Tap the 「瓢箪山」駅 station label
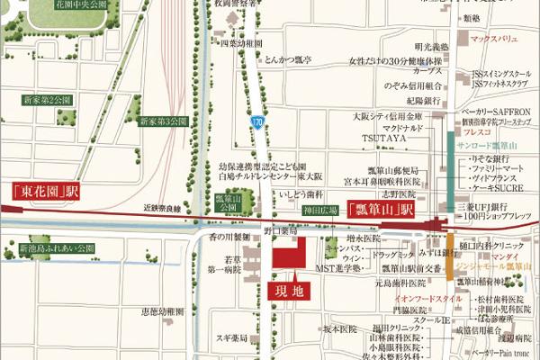click(380, 210)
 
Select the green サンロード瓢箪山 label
click(494, 144)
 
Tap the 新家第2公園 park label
click(47, 100)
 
